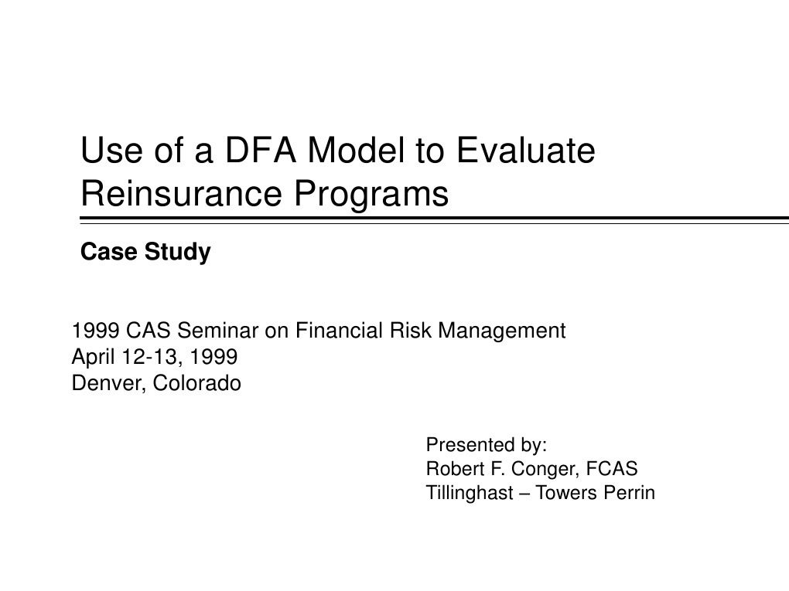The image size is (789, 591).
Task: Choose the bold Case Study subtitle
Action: (x=145, y=253)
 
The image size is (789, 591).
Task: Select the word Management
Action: (x=502, y=331)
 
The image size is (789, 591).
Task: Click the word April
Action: (x=91, y=358)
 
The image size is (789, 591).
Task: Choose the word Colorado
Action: (x=197, y=383)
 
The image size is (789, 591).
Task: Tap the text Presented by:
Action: (x=487, y=445)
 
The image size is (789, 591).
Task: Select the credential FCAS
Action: (x=612, y=468)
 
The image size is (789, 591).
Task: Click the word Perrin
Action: (x=630, y=492)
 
